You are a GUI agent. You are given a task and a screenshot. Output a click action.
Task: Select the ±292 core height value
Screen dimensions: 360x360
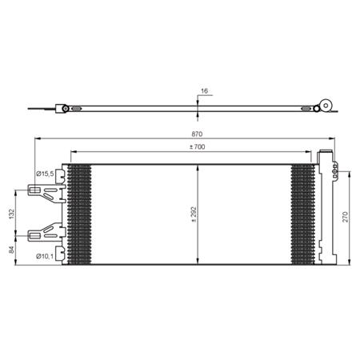point(194,213)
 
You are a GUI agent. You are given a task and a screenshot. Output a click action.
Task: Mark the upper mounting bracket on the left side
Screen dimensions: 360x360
point(44,192)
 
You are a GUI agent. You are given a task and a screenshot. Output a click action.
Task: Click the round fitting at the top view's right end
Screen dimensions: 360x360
point(325,106)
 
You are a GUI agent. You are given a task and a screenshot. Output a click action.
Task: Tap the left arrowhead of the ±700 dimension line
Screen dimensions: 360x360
point(73,152)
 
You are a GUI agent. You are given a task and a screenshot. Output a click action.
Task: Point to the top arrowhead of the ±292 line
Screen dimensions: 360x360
point(198,166)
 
